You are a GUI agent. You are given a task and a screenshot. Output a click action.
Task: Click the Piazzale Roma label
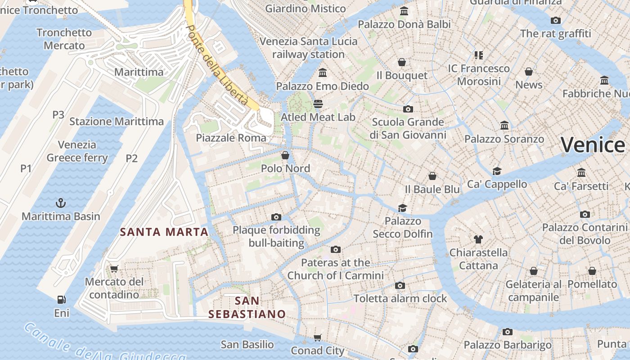tap(231, 138)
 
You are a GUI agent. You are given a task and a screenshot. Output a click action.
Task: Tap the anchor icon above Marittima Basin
tap(61, 203)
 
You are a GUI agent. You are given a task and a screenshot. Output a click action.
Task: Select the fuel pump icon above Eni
tap(61, 300)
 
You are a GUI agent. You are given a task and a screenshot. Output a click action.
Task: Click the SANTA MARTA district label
tap(164, 232)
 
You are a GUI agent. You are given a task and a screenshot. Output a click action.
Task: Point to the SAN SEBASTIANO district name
tap(247, 307)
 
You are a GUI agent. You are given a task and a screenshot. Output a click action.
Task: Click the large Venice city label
tap(593, 145)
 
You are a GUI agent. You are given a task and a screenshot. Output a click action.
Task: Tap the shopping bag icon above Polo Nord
tap(285, 156)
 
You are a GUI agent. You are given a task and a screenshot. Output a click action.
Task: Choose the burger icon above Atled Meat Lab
tap(319, 104)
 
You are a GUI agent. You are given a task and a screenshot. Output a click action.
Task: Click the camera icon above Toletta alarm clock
tap(400, 285)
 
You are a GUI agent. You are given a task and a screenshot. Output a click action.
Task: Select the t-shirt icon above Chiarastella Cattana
tap(478, 239)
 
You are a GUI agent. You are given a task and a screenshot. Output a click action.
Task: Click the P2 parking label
tap(131, 158)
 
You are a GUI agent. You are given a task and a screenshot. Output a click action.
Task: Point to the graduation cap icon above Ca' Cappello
tap(497, 171)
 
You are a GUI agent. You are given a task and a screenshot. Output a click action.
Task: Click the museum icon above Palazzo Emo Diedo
tap(322, 73)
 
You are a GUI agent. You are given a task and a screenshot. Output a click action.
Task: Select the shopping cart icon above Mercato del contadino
tap(114, 269)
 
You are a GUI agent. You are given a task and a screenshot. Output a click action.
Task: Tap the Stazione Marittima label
tap(117, 121)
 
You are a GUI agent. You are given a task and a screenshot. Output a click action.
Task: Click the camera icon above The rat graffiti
tap(556, 20)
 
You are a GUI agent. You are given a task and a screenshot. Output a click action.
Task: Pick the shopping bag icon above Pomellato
tap(592, 271)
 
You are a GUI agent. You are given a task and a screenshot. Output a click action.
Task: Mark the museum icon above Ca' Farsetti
tap(581, 173)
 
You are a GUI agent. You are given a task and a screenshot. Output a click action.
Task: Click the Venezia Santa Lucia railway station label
tap(309, 48)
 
